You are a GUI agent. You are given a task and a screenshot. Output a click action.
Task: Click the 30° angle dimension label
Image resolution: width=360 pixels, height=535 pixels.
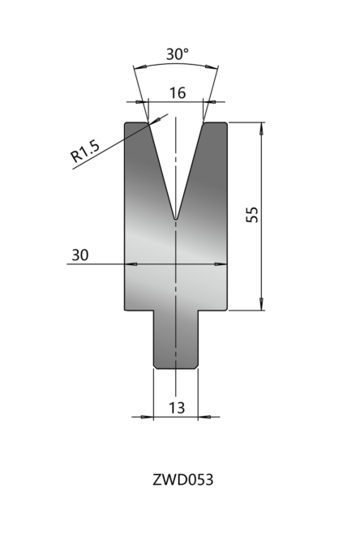click(177, 54)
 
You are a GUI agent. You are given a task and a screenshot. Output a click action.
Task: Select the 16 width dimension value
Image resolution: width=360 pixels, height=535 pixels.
click(178, 92)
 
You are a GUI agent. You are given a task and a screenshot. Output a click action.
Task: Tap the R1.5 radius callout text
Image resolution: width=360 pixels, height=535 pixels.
click(85, 151)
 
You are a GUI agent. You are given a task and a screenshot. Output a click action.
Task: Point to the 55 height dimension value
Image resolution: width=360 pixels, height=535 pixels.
click(252, 214)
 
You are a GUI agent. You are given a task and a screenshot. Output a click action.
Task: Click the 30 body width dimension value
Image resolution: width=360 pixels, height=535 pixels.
click(80, 255)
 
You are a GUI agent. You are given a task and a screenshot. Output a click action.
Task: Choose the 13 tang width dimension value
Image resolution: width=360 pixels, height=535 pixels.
click(177, 408)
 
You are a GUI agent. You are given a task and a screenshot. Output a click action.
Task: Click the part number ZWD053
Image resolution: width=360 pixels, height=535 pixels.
click(183, 480)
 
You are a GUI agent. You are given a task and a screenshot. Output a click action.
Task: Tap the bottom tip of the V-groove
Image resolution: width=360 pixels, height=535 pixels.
click(176, 219)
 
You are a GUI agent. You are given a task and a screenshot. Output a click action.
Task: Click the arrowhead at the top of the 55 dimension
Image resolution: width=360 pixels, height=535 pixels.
click(262, 128)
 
